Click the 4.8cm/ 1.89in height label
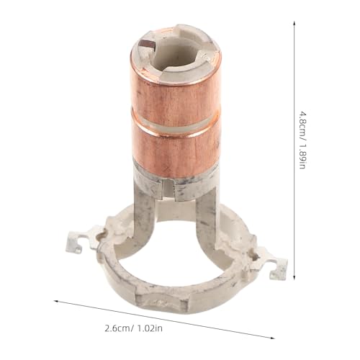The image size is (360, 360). click(x=302, y=140)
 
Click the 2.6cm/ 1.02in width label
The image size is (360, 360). click(x=134, y=328)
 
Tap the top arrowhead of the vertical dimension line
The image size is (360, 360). click(x=294, y=23)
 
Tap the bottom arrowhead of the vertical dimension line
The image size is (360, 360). click(x=294, y=277)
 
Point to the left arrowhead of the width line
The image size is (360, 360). click(x=56, y=301)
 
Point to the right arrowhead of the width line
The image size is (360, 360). click(x=272, y=338)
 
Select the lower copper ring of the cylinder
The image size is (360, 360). click(x=175, y=149)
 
